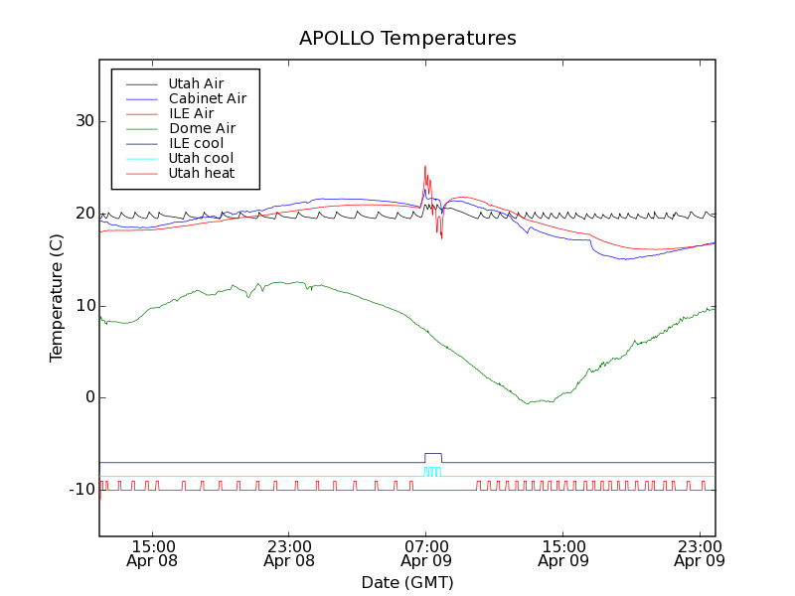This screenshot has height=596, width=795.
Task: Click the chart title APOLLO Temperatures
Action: coord(407,39)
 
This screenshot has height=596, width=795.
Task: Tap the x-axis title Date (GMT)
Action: coord(407,582)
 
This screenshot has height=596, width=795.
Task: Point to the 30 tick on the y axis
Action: coord(83,121)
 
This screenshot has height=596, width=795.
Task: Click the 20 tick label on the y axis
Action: coord(83,214)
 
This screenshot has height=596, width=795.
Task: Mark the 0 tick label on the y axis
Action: coord(88,397)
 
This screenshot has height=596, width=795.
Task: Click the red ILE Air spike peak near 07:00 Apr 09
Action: coord(425,167)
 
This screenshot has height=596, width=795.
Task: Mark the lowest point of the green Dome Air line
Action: coord(528,403)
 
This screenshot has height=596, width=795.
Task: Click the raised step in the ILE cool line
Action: coord(433,454)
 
